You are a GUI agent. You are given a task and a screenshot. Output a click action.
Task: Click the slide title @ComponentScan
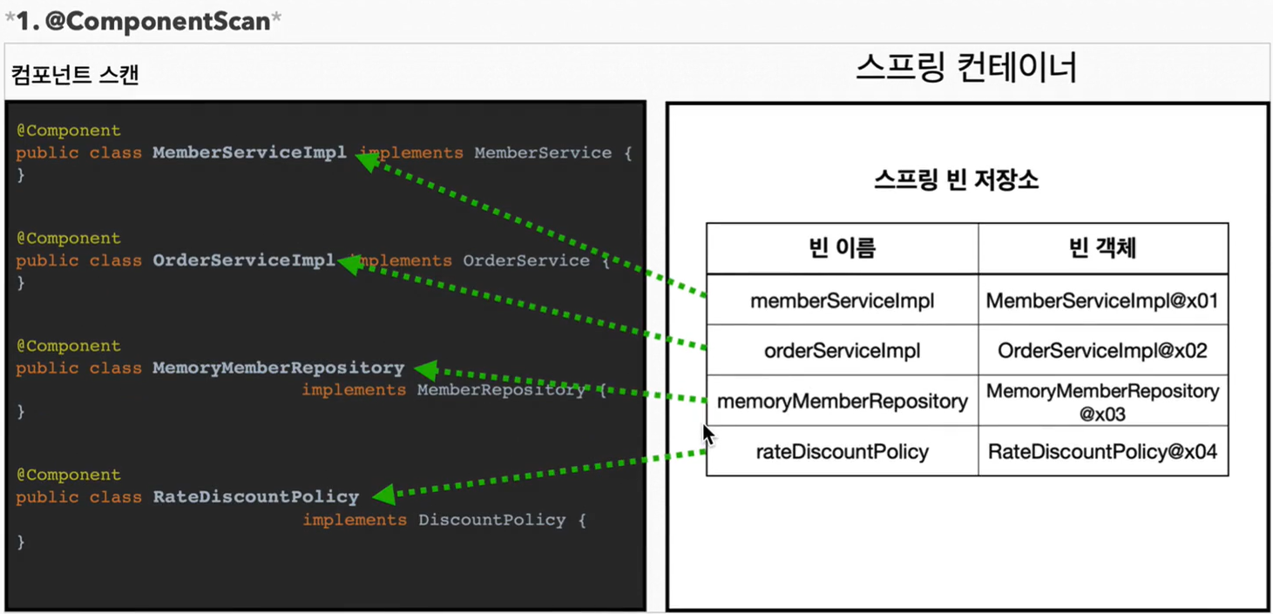143,21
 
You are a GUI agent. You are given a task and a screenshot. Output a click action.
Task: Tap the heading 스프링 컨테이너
965,68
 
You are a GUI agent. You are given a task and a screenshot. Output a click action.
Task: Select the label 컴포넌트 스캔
75,75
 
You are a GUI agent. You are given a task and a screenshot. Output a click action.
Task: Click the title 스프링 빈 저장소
956,180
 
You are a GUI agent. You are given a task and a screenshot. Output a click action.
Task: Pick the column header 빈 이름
842,248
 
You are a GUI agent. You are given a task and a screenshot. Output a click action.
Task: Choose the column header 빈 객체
1102,248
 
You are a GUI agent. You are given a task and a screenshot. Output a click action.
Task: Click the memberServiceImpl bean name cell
842,300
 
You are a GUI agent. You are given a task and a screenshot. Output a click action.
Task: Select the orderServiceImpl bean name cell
842,351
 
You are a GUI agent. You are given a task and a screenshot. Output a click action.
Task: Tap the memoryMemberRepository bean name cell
842,401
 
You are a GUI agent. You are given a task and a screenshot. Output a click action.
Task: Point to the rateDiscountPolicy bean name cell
842,451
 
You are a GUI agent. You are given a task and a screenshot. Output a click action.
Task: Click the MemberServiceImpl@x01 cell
1102,300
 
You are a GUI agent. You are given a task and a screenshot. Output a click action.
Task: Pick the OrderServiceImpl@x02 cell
1102,351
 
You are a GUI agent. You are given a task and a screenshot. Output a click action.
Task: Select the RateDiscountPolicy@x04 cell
1102,451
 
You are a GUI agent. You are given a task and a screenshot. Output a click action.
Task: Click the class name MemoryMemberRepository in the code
278,368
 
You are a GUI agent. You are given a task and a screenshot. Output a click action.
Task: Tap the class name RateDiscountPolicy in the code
255,496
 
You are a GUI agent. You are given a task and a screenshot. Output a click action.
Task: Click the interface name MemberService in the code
542,152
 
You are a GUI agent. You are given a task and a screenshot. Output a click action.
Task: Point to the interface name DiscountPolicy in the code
491,519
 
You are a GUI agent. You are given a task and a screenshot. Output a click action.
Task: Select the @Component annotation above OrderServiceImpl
68,238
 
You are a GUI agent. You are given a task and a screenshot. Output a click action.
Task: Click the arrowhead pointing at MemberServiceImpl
366,159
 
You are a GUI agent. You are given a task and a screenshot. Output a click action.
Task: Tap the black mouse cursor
708,434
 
